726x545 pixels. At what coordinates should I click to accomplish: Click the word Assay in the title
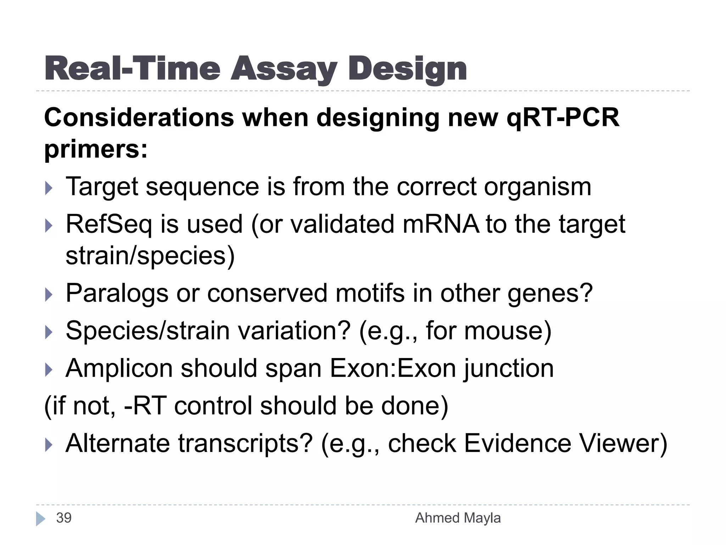pyautogui.click(x=284, y=69)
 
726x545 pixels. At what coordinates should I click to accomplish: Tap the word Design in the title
pyautogui.click(x=407, y=69)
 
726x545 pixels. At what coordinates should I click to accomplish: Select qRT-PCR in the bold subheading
pyautogui.click(x=563, y=117)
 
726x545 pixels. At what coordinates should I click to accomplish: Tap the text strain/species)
pyautogui.click(x=150, y=255)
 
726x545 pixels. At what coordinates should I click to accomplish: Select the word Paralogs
pyautogui.click(x=117, y=293)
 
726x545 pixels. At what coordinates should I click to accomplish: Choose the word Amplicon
pyautogui.click(x=119, y=368)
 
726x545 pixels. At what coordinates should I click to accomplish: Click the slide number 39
pyautogui.click(x=64, y=518)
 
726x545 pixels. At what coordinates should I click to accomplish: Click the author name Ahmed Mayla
pyautogui.click(x=458, y=518)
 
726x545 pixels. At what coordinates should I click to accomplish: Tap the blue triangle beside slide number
pyautogui.click(x=40, y=519)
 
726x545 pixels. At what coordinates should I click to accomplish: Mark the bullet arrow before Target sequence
pyautogui.click(x=49, y=188)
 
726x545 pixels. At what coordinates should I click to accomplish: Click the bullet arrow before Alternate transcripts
pyautogui.click(x=49, y=445)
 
